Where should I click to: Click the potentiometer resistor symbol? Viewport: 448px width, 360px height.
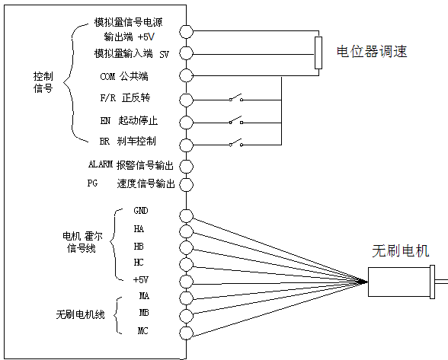pyautogui.click(x=318, y=53)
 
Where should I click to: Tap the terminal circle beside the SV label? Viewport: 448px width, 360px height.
pyautogui.click(x=186, y=53)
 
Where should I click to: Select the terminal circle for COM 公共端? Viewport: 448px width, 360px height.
pyautogui.click(x=186, y=75)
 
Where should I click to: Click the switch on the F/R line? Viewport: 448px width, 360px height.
pyautogui.click(x=236, y=97)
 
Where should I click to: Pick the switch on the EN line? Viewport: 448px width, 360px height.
pyautogui.click(x=236, y=120)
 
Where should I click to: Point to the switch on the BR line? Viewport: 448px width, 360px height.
pyautogui.click(x=236, y=143)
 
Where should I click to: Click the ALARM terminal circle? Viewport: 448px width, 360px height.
pyautogui.click(x=186, y=167)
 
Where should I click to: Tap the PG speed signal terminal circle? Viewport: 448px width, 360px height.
pyautogui.click(x=186, y=184)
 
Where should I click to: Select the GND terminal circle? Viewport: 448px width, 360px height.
pyautogui.click(x=186, y=216)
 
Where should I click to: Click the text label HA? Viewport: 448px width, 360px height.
pyautogui.click(x=139, y=229)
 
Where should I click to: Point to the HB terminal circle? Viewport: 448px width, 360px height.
pyautogui.click(x=186, y=247)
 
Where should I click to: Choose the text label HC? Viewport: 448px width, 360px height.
pyautogui.click(x=139, y=263)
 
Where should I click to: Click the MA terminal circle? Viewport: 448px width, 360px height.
pyautogui.click(x=186, y=298)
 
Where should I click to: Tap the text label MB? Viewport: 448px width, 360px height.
pyautogui.click(x=144, y=313)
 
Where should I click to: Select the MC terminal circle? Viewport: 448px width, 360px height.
pyautogui.click(x=186, y=333)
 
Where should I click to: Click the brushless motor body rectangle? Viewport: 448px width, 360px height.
pyautogui.click(x=399, y=282)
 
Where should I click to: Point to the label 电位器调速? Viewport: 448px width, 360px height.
pyautogui.click(x=372, y=52)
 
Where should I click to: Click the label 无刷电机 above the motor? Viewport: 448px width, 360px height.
pyautogui.click(x=400, y=251)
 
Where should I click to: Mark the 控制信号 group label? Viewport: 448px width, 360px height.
pyautogui.click(x=43, y=82)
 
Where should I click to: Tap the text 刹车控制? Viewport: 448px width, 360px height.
pyautogui.click(x=136, y=141)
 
